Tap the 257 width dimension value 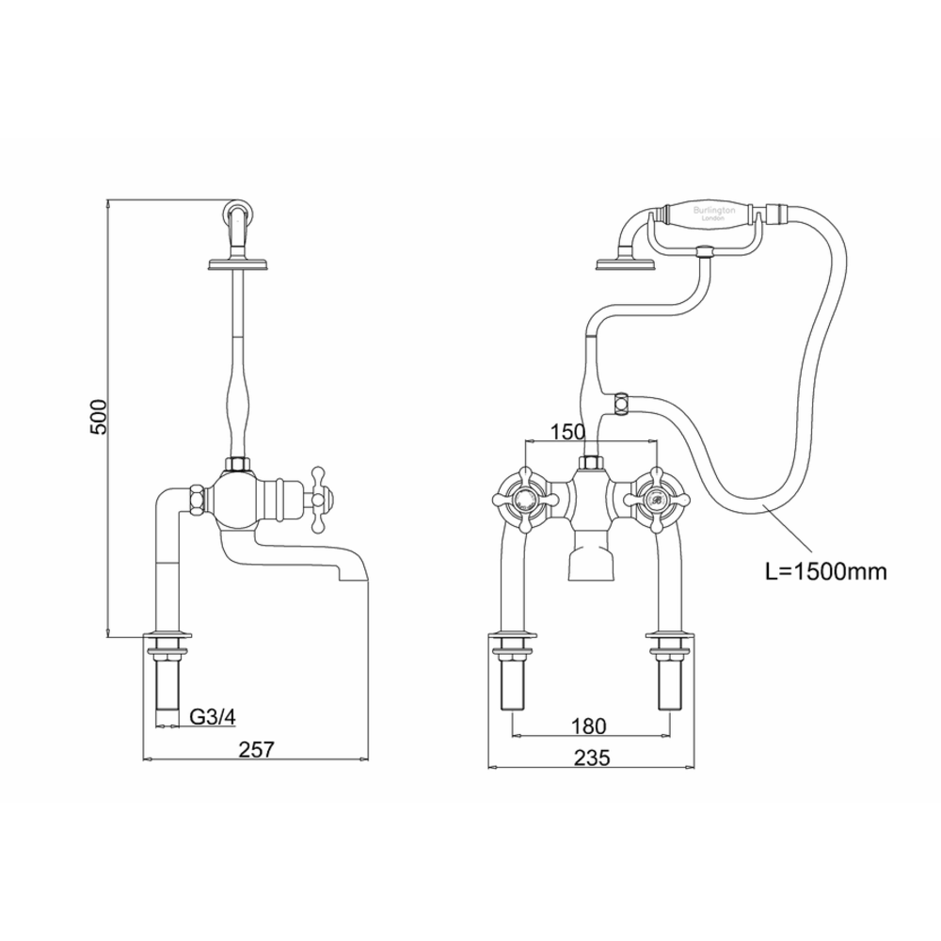coord(256,749)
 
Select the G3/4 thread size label coord(213,717)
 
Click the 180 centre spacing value coord(588,726)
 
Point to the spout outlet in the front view coord(589,566)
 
